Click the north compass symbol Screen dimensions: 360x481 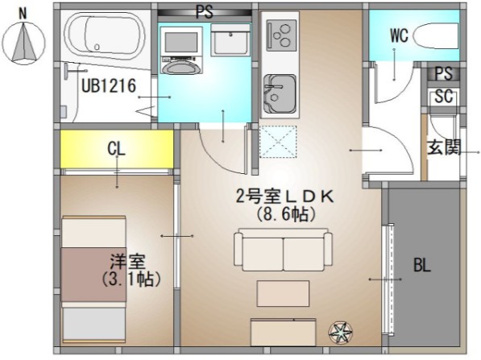tap(23, 40)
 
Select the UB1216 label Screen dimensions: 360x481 tap(107, 86)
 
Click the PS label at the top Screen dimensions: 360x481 tap(204, 11)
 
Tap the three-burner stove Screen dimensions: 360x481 tap(280, 35)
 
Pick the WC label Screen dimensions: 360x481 tap(400, 35)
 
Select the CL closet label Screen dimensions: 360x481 tap(117, 149)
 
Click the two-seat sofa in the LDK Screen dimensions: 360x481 tap(282, 251)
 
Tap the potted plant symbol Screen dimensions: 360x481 tap(339, 331)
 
